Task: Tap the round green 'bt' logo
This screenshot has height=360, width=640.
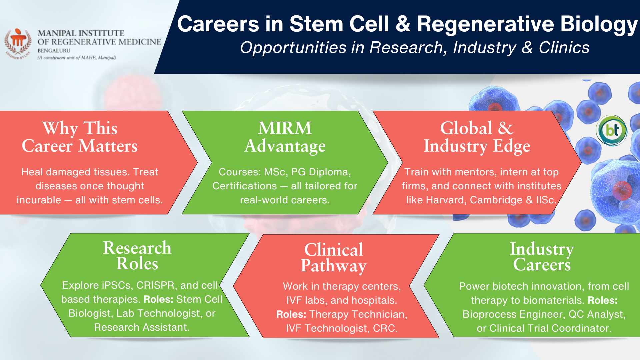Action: (612, 130)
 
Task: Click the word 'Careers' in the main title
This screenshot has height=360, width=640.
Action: (218, 24)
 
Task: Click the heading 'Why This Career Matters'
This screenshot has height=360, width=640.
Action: (80, 137)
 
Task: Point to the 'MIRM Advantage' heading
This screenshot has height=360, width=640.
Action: (285, 137)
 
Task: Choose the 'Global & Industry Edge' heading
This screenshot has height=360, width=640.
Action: (477, 137)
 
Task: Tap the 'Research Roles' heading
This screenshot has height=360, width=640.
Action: (137, 255)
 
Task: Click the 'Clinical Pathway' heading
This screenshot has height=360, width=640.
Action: (334, 257)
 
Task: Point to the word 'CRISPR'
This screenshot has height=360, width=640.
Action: (156, 285)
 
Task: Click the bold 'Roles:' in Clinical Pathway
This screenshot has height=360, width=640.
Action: (291, 314)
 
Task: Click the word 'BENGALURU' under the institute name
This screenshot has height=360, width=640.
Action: (54, 51)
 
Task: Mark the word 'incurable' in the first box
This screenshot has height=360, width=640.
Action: (39, 200)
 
